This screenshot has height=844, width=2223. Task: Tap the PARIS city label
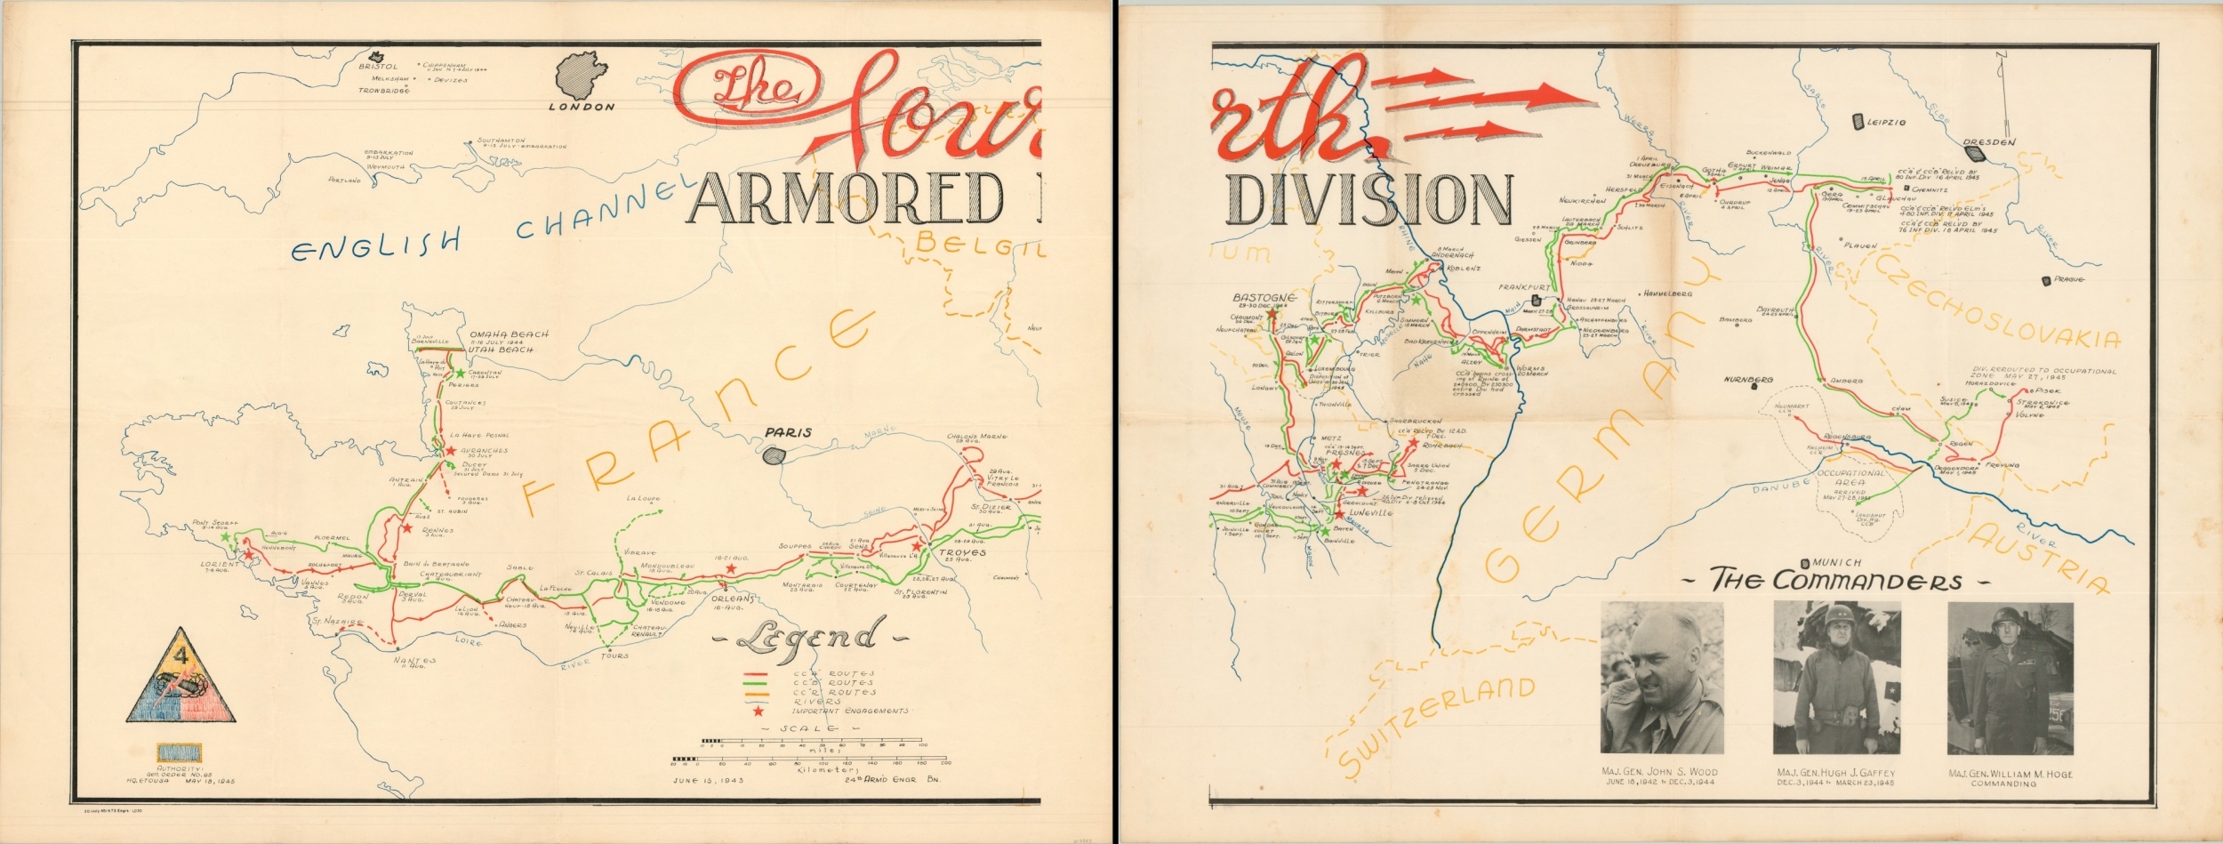(x=789, y=433)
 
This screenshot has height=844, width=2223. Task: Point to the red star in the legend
(x=758, y=711)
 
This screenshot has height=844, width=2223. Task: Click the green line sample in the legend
(x=757, y=682)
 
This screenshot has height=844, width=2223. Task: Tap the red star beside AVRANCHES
(x=452, y=452)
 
